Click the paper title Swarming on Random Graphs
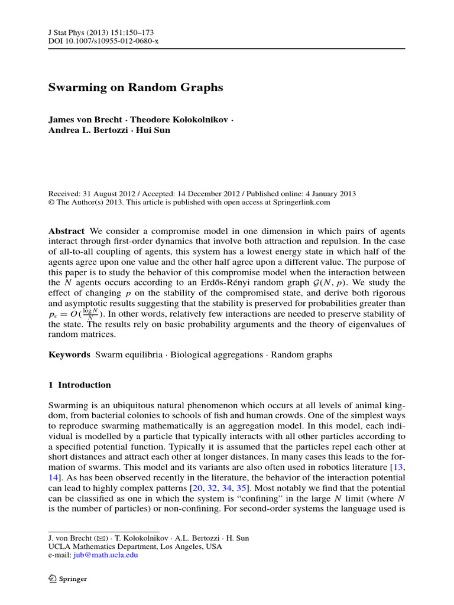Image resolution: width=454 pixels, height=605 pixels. pyautogui.click(x=135, y=87)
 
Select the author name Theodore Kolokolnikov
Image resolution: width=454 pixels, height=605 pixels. pyautogui.click(x=179, y=119)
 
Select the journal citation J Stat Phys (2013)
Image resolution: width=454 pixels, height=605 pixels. pyautogui.click(x=83, y=32)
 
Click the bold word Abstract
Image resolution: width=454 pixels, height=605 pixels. pyautogui.click(x=66, y=231)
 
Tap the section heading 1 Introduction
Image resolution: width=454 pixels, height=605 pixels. pyautogui.click(x=79, y=385)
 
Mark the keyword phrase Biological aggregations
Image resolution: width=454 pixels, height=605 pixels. pyautogui.click(x=218, y=355)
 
